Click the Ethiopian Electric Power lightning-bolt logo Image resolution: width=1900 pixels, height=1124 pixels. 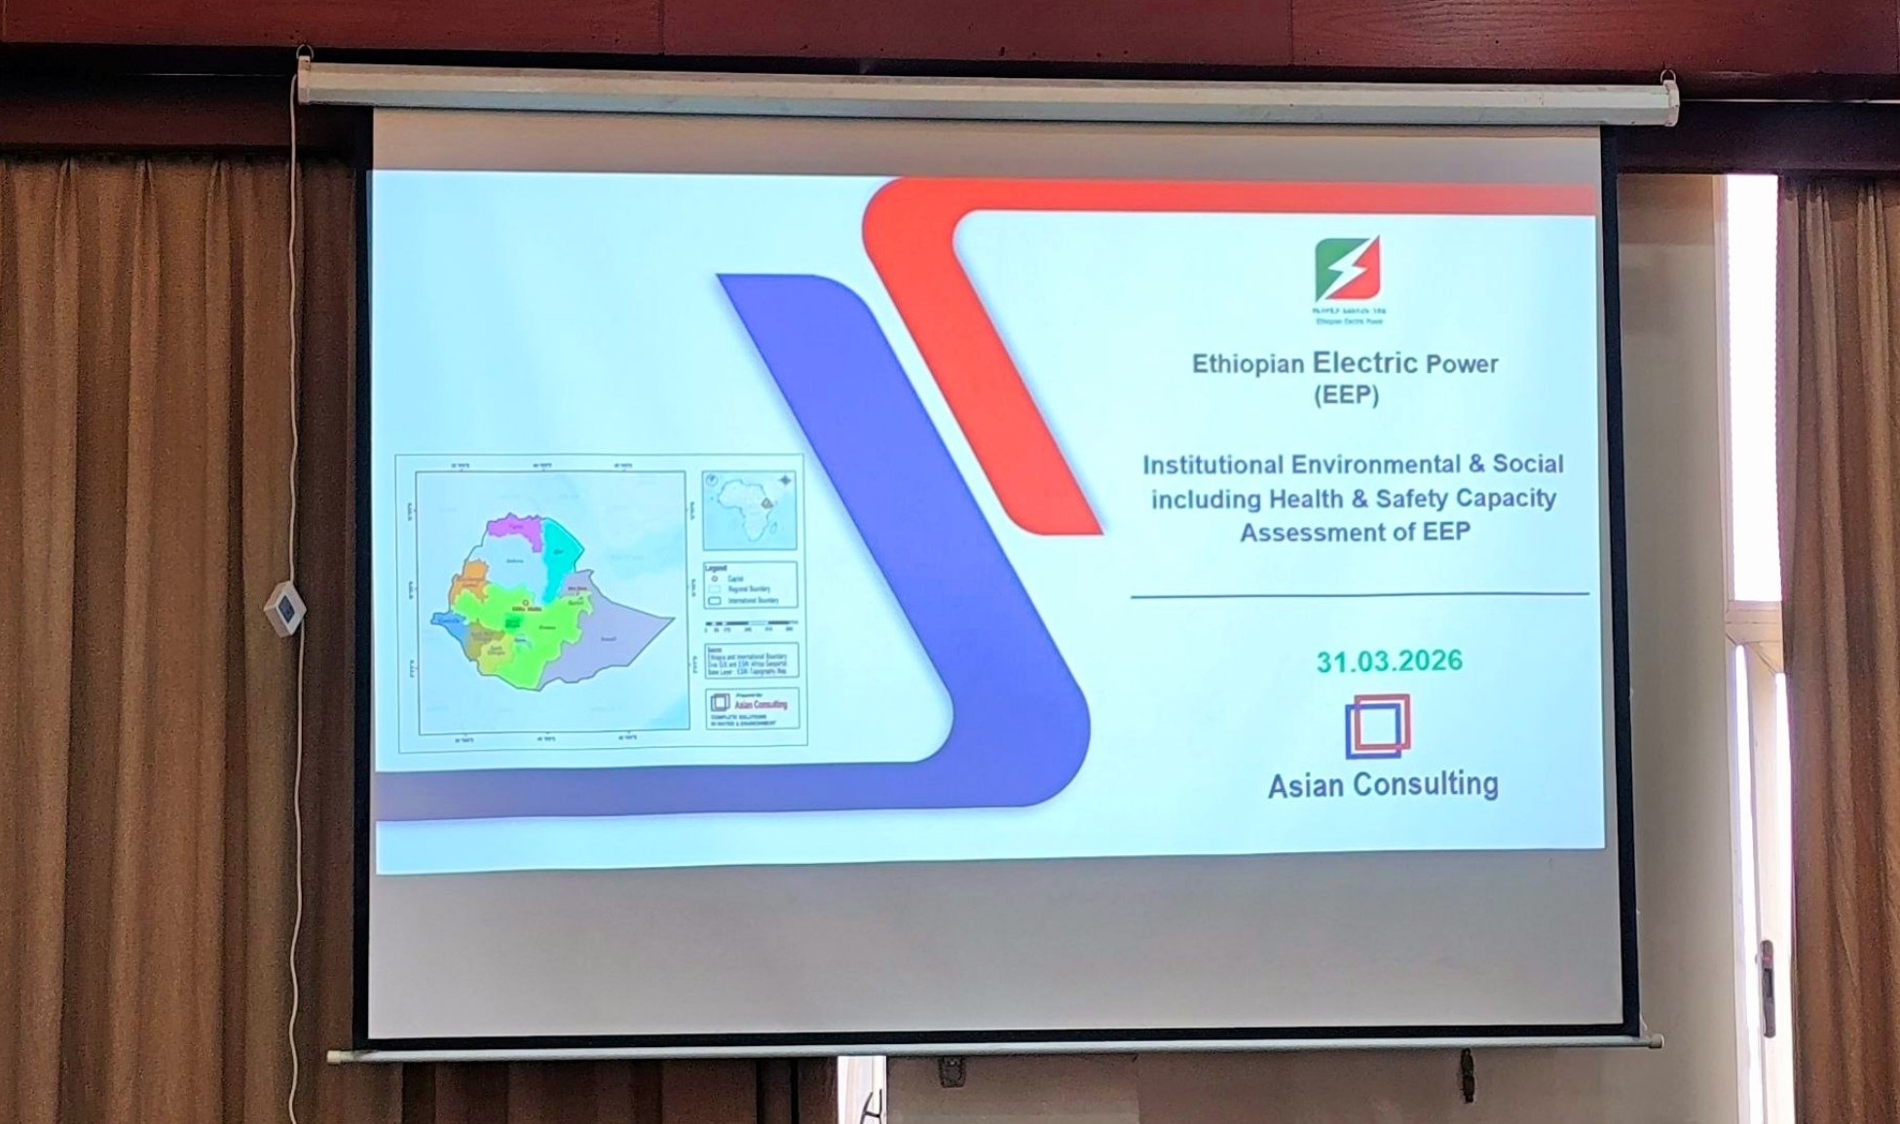[x=1348, y=270]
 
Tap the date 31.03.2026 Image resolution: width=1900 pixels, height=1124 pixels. [x=1389, y=661]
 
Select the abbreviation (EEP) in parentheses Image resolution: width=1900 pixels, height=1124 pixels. [x=1346, y=396]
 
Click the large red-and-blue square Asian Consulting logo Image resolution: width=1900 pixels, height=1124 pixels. [x=1378, y=726]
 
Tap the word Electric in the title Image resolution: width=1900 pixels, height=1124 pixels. [x=1365, y=363]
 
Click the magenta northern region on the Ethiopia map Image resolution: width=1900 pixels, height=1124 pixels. [x=512, y=527]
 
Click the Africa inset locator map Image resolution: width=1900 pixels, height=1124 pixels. [x=749, y=510]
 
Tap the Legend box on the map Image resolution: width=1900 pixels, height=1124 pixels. [x=750, y=584]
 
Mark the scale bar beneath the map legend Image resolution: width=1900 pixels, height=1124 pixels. [x=750, y=623]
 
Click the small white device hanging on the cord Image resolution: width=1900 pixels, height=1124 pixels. [x=284, y=609]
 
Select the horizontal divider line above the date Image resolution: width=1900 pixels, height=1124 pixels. [x=1359, y=594]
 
